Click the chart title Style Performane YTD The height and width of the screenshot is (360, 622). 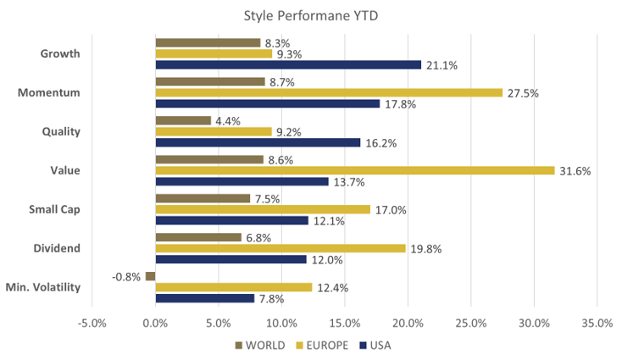(x=311, y=14)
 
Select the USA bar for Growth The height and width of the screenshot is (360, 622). (x=288, y=65)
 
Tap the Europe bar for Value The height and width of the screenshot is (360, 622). (x=355, y=170)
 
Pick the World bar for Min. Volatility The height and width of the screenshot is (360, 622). (x=150, y=276)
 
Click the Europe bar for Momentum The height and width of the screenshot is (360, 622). (x=329, y=92)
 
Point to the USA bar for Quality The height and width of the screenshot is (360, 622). (x=258, y=143)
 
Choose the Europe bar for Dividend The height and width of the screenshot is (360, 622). (x=280, y=248)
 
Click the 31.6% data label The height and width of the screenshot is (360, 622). (x=575, y=171)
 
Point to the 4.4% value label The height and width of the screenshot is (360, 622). (x=228, y=121)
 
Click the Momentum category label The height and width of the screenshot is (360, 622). (x=49, y=91)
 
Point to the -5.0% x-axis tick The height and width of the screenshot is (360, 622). (x=92, y=324)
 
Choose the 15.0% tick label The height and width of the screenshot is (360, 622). (x=344, y=324)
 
